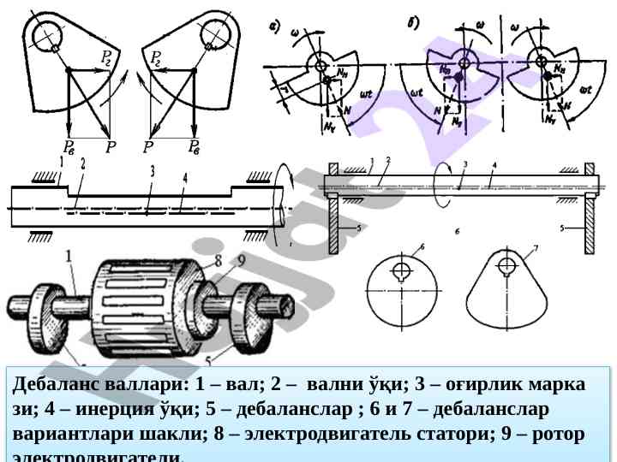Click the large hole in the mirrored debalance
click(213, 34)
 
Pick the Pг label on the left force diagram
click(106, 57)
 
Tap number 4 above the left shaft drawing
click(184, 177)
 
